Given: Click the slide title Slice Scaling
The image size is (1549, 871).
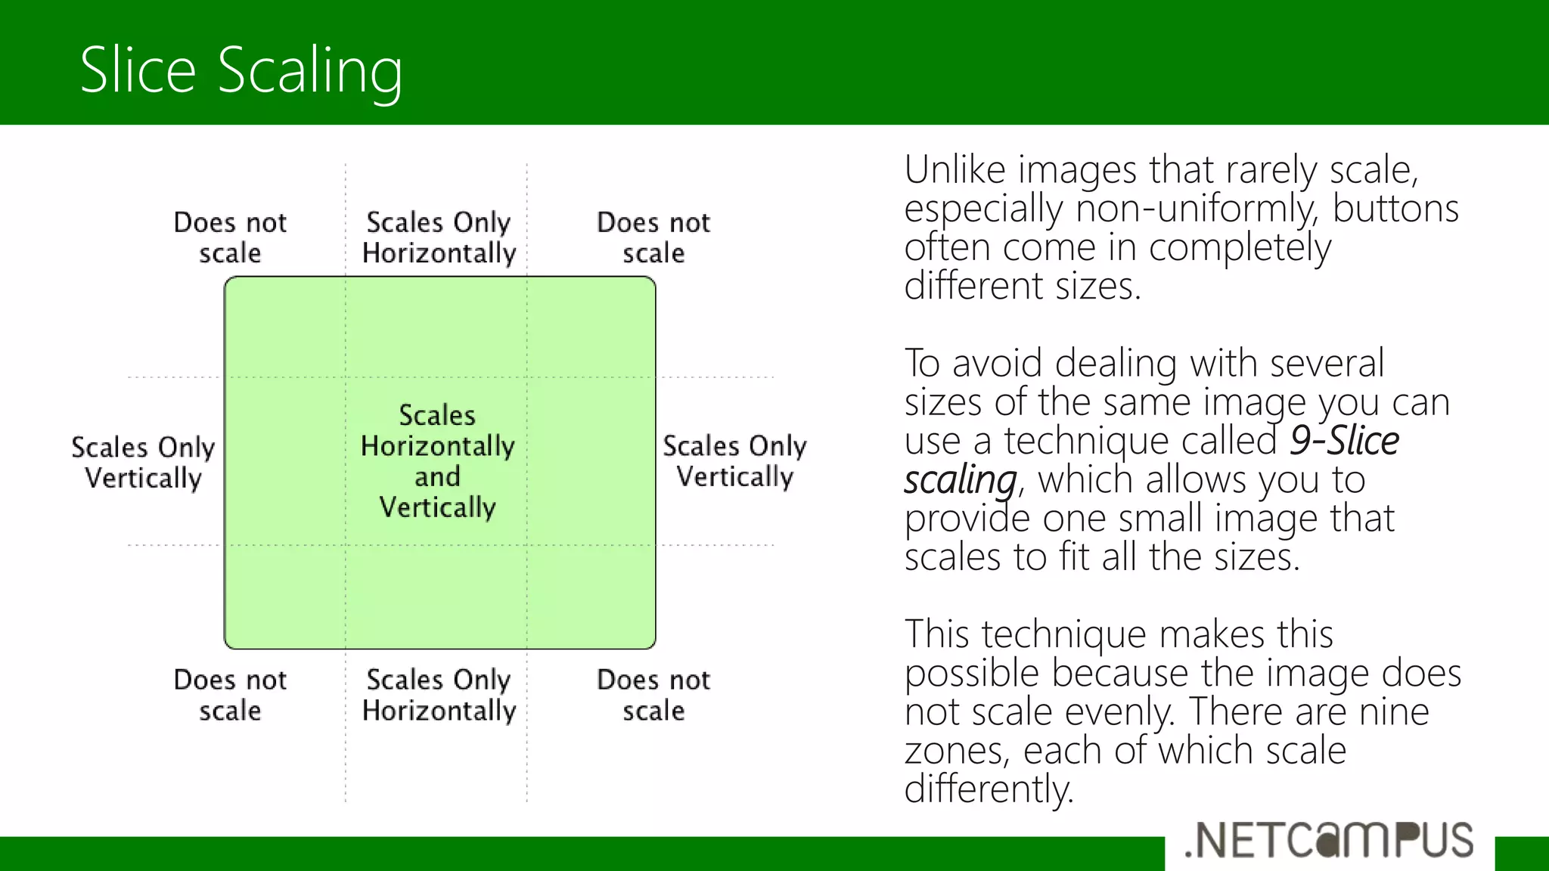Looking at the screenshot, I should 241,70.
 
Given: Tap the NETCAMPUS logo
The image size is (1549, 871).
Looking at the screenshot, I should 1329,840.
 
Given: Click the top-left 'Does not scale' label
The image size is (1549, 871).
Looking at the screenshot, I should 230,237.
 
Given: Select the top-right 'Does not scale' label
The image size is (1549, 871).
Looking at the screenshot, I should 653,237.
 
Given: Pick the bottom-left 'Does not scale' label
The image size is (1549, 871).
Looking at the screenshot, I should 230,695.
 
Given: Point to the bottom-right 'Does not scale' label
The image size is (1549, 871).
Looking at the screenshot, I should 653,695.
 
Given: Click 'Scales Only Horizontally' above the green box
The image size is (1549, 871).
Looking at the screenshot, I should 439,237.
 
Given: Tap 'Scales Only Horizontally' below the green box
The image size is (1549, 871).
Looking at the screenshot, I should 439,695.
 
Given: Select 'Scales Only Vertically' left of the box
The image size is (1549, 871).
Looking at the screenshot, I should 143,462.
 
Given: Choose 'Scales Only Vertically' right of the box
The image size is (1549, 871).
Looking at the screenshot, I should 734,460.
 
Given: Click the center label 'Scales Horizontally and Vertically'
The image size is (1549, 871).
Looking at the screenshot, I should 437,460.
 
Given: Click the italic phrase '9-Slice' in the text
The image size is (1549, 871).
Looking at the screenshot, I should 1343,441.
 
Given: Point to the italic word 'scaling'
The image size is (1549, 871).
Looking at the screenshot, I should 960,480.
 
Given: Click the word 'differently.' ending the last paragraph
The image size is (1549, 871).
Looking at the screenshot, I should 989,789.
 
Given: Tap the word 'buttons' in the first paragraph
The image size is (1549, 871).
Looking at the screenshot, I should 1395,209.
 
